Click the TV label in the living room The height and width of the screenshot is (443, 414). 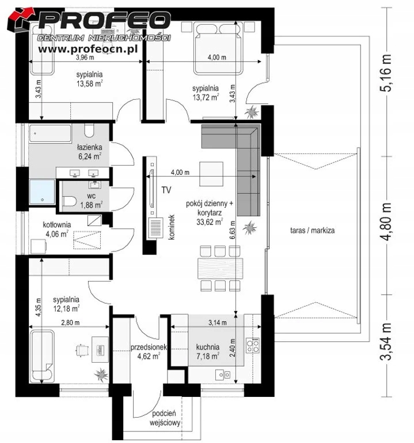166,190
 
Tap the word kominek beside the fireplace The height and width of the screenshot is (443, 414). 172,227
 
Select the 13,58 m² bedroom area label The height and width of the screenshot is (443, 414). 89,84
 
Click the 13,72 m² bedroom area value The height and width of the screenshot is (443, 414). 206,97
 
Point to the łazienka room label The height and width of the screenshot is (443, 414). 90,147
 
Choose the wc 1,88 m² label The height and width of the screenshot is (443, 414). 92,200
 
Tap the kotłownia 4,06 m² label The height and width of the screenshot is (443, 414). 56,229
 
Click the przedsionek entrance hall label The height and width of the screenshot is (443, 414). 149,347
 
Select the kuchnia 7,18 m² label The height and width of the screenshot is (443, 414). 208,351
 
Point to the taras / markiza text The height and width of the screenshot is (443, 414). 313,230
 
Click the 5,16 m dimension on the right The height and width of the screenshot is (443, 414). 386,73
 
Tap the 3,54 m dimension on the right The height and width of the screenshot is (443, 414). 386,341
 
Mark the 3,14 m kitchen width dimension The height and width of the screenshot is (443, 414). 218,322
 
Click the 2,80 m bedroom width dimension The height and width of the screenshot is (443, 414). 70,322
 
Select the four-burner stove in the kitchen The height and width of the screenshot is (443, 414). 253,346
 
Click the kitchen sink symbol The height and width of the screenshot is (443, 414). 223,374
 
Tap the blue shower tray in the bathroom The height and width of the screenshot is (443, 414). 42,192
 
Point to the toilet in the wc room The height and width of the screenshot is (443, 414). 70,202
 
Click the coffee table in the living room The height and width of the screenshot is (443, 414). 211,174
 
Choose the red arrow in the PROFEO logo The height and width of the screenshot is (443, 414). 22,17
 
